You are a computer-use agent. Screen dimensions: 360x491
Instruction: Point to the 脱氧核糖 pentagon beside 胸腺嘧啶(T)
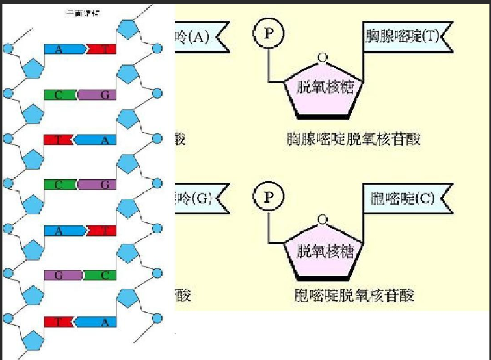click(321, 88)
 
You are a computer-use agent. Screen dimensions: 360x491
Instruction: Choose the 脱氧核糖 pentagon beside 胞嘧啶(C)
click(321, 250)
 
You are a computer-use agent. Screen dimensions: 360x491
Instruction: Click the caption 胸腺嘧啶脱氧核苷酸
click(354, 140)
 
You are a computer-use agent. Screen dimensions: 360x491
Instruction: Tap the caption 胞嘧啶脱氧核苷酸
click(354, 296)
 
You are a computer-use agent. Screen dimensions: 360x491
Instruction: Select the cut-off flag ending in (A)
click(198, 36)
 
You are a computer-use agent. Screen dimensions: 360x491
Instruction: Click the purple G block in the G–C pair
click(60, 276)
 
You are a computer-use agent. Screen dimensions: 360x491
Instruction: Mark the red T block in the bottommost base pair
click(58, 321)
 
